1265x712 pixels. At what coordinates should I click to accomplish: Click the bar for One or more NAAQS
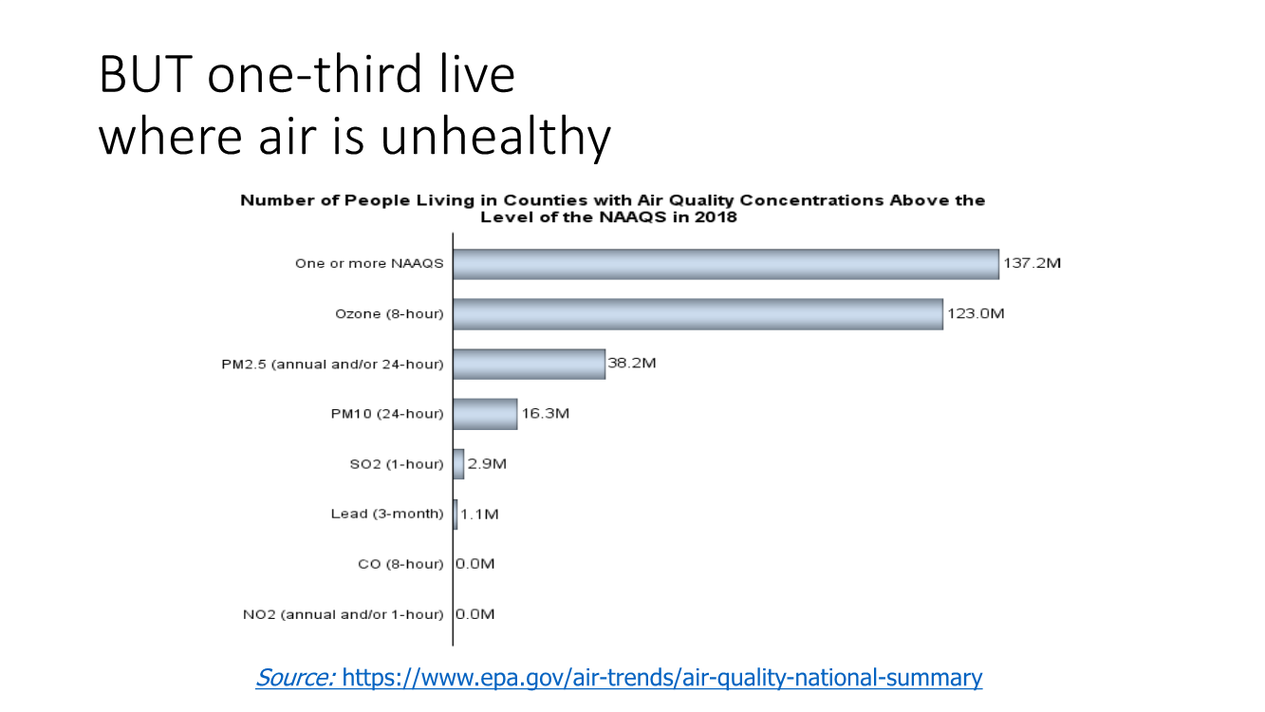point(725,264)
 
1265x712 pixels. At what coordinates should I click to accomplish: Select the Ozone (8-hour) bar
point(698,314)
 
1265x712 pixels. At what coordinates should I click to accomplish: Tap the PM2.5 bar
point(529,364)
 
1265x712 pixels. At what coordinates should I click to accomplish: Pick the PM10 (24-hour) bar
point(485,414)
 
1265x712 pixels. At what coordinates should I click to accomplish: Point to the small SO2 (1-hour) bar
point(458,464)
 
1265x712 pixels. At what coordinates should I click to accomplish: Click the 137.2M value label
point(1032,264)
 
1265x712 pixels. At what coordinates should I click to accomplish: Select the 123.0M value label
point(976,314)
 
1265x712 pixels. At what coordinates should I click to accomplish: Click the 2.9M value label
point(487,464)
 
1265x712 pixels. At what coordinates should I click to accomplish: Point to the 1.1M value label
point(479,515)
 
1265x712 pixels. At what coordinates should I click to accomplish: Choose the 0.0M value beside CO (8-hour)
point(474,564)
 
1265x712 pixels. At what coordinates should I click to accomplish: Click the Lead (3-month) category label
point(386,515)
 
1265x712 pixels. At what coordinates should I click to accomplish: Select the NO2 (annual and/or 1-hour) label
point(343,614)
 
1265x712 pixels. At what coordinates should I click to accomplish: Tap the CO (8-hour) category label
point(400,564)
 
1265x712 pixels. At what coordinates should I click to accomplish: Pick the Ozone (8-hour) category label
point(389,314)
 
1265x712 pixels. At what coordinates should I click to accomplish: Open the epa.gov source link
point(661,678)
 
